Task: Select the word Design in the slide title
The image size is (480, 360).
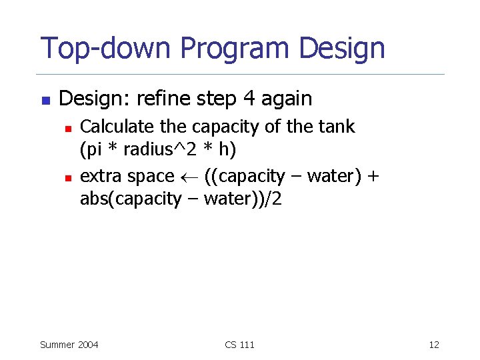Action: click(343, 49)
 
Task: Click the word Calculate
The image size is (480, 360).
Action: click(118, 126)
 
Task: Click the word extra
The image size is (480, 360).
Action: click(101, 176)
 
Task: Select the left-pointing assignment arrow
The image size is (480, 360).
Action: click(189, 177)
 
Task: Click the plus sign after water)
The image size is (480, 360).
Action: click(373, 176)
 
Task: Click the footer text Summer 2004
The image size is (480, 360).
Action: click(69, 345)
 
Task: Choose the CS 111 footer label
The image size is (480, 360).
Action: click(240, 345)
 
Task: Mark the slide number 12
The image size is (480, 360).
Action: click(434, 345)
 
